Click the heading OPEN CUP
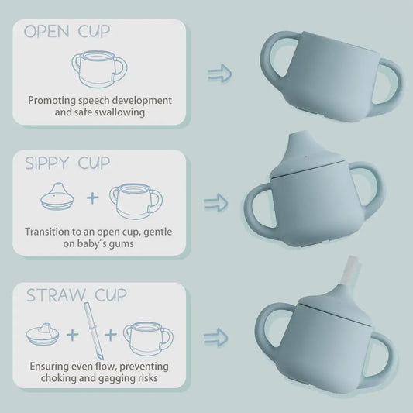click(67, 32)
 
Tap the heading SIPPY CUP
click(67, 163)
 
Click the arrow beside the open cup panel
click(220, 74)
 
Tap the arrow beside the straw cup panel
click(217, 337)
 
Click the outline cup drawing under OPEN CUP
click(98, 70)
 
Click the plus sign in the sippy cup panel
click(92, 198)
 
